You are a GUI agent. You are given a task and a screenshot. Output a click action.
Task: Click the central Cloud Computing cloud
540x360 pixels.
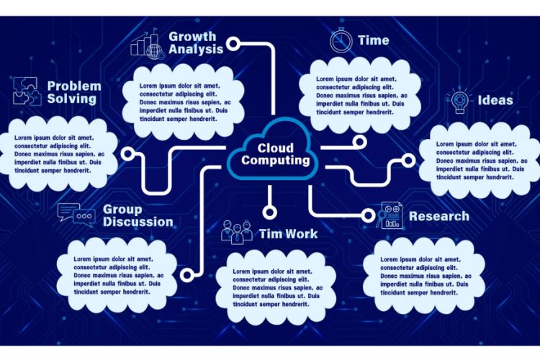pos(271,150)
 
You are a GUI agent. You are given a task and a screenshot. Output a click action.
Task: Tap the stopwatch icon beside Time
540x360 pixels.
pos(341,40)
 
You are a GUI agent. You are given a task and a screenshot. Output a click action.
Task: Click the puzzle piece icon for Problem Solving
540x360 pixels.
pos(26,91)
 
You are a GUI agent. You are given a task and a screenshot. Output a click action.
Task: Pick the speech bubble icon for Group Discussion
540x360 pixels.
pos(76,213)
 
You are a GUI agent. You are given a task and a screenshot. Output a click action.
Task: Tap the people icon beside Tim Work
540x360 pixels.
pos(238,232)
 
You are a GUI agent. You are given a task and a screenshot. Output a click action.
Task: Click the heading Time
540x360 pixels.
pos(373,40)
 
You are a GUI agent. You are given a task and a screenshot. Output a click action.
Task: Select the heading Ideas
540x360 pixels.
pos(495,100)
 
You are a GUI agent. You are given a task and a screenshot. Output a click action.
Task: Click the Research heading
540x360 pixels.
pos(439,216)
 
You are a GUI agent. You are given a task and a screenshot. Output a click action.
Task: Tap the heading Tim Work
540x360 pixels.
pos(288,233)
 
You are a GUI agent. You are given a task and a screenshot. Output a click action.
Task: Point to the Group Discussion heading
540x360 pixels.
pos(138,215)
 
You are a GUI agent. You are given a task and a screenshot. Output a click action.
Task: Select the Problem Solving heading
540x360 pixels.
pos(74,92)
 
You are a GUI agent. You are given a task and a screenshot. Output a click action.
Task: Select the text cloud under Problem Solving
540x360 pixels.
pos(61,154)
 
